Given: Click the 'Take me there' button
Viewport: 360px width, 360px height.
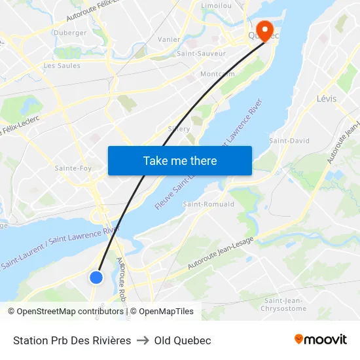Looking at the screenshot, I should (x=179, y=160).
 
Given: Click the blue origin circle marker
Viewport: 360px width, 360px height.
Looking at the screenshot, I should (x=96, y=277).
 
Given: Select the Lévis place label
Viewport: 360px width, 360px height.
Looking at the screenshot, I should (x=326, y=99).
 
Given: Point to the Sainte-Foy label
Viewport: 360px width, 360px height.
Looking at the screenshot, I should (x=73, y=168).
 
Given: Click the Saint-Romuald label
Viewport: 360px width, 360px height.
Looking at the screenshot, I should (x=209, y=204).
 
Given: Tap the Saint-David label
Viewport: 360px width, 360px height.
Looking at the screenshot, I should (x=289, y=141).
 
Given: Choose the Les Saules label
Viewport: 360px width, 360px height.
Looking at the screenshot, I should (x=62, y=65).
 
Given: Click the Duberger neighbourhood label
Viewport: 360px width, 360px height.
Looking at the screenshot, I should (x=70, y=33).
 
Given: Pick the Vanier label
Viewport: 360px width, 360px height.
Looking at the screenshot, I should (x=169, y=40).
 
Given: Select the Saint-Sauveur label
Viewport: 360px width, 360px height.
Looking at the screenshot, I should (x=201, y=54).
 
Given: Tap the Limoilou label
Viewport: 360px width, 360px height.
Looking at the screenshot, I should (x=217, y=5).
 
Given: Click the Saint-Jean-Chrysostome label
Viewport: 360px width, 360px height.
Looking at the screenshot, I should (x=283, y=304).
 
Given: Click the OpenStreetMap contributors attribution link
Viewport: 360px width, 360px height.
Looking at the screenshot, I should (x=70, y=312).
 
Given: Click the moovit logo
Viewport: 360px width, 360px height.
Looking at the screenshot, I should (x=321, y=340).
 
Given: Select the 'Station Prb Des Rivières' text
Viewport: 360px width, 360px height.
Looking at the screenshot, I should (x=72, y=340).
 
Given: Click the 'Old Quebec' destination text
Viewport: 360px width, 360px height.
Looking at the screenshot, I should (x=183, y=340).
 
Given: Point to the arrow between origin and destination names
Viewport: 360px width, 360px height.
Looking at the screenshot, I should (x=143, y=340).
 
